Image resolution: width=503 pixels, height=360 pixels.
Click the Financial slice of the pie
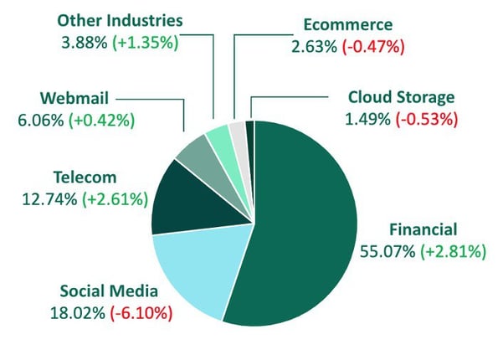[x=301, y=234]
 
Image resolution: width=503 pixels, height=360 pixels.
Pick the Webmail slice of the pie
[x=198, y=154]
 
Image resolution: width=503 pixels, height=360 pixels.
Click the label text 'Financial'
[x=424, y=229]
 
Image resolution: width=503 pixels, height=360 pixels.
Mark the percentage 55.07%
[x=388, y=251]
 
